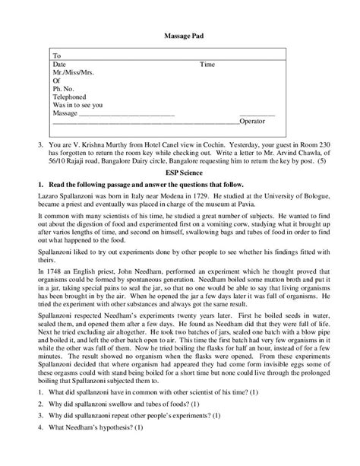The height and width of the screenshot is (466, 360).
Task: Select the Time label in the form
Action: click(207, 65)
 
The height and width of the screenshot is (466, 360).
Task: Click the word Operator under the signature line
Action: click(255, 122)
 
